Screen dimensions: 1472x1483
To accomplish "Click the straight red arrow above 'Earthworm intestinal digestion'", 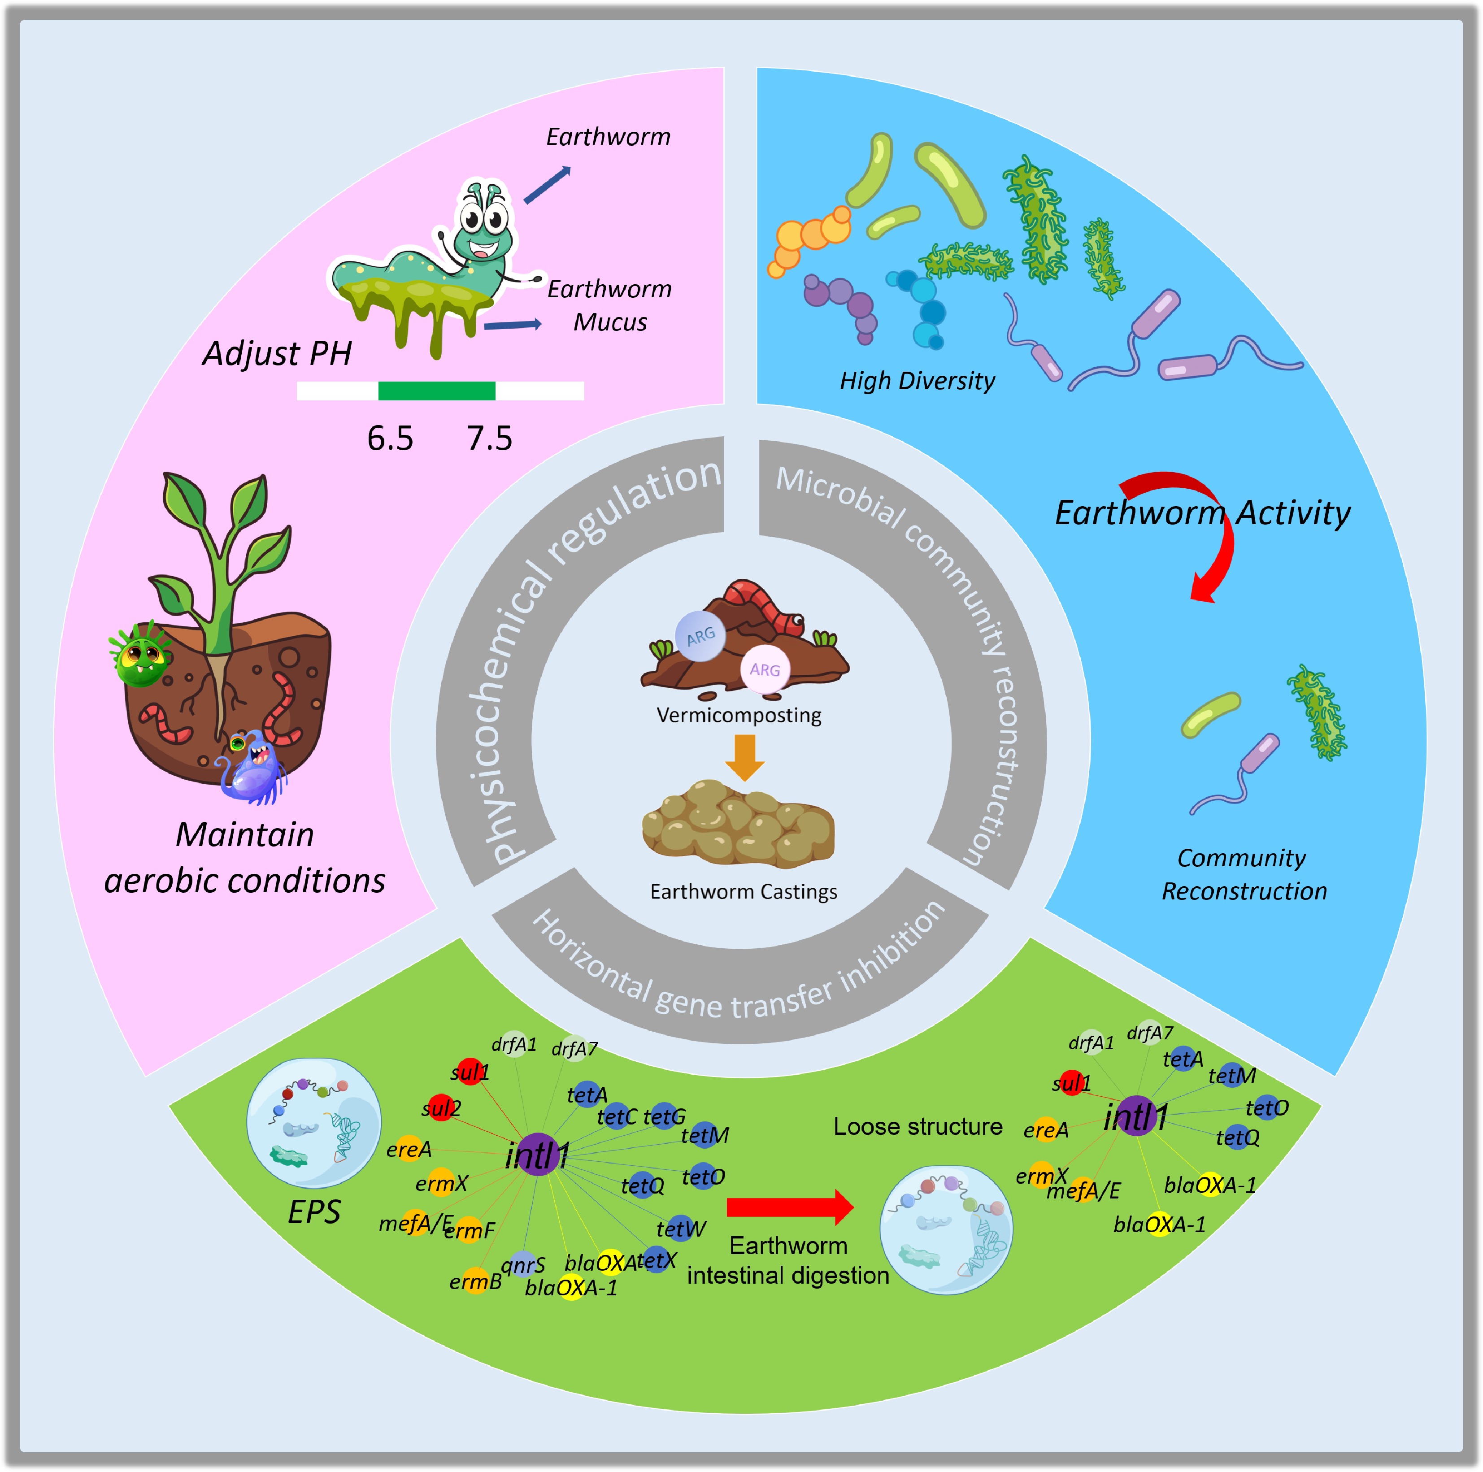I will point(789,1207).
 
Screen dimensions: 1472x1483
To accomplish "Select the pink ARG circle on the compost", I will point(765,670).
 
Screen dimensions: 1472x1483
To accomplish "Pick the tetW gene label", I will point(680,1229).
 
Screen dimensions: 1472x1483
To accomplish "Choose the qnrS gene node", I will point(523,1264).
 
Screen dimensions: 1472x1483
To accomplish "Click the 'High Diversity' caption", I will point(917,381).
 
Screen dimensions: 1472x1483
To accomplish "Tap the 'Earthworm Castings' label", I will point(743,892).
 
